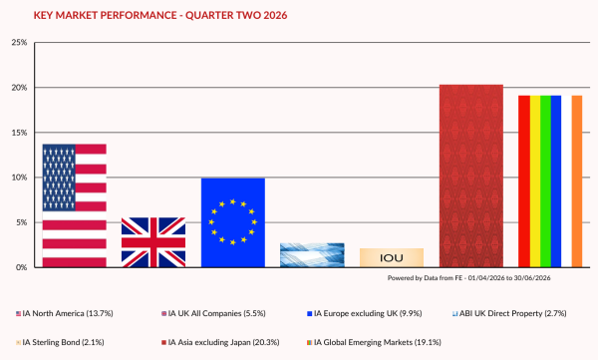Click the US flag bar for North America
(x=75, y=205)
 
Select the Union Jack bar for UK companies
(x=153, y=242)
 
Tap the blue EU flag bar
(x=233, y=222)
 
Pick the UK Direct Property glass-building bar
(x=312, y=255)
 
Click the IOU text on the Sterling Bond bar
(x=392, y=258)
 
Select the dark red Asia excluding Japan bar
(x=471, y=176)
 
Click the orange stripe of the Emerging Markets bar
(x=577, y=181)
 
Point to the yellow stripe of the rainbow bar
(x=535, y=181)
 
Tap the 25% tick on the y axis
(x=19, y=42)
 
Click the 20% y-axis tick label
(x=19, y=88)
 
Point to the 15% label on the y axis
(x=19, y=133)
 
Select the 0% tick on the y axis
(x=21, y=267)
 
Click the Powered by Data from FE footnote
(x=469, y=278)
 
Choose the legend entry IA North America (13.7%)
(x=65, y=313)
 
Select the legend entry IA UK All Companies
(x=213, y=313)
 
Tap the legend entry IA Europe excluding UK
(x=365, y=313)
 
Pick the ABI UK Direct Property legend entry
(x=509, y=313)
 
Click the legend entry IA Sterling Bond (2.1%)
(x=60, y=342)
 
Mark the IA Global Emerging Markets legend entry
(x=374, y=342)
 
